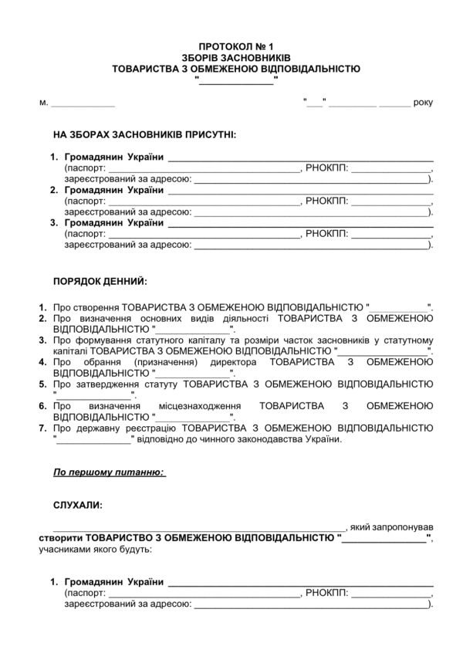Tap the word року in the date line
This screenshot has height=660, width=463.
click(424, 102)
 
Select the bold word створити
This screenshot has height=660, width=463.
click(59, 537)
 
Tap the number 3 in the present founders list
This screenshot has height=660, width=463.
click(53, 222)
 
